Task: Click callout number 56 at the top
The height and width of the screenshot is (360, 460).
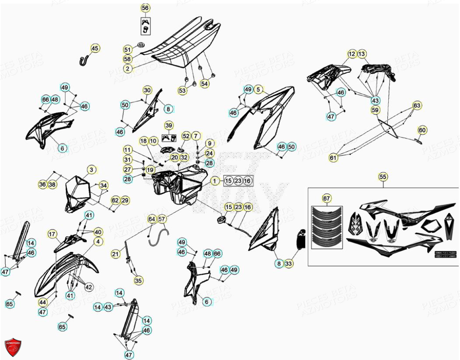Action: click(145, 8)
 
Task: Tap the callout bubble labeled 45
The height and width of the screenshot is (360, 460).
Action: click(95, 48)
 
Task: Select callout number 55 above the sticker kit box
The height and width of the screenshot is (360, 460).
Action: click(383, 177)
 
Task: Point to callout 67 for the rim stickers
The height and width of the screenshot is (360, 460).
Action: click(327, 198)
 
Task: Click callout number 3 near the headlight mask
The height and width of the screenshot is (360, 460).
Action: click(91, 170)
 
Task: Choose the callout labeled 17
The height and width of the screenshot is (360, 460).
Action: click(52, 234)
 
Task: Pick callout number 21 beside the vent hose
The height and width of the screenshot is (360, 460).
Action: click(115, 254)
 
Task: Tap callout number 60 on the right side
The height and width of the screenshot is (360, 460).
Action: click(422, 130)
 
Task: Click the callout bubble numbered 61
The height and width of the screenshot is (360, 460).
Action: click(334, 157)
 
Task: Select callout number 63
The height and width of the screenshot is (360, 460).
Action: click(417, 105)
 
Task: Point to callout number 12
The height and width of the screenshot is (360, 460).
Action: click(352, 54)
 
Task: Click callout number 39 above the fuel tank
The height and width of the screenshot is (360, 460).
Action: click(169, 125)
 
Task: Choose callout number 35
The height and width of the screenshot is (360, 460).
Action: click(138, 280)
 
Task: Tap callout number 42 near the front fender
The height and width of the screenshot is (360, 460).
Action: click(89, 287)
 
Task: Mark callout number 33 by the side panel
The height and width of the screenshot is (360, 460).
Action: click(289, 263)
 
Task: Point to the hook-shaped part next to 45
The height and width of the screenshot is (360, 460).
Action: click(84, 60)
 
